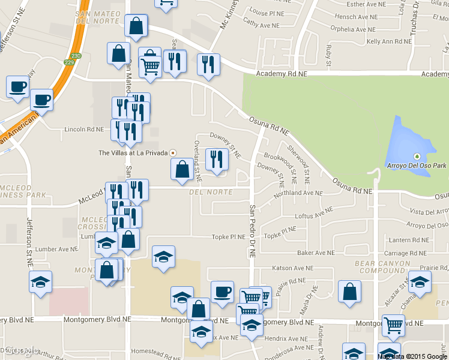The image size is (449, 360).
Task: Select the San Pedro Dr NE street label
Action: pos(253,232)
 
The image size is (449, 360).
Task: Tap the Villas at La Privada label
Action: pos(133,153)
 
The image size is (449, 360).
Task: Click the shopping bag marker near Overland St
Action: pos(182,169)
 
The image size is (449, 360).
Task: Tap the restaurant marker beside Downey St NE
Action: pos(217,160)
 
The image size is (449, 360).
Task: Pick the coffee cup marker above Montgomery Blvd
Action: pos(222,291)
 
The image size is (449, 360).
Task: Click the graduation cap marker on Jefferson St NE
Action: pos(41,281)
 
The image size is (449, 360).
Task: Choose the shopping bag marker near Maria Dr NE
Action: pos(349,292)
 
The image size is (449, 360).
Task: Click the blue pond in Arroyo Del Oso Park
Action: pos(409,147)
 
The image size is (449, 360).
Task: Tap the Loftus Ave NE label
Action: pos(313,215)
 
